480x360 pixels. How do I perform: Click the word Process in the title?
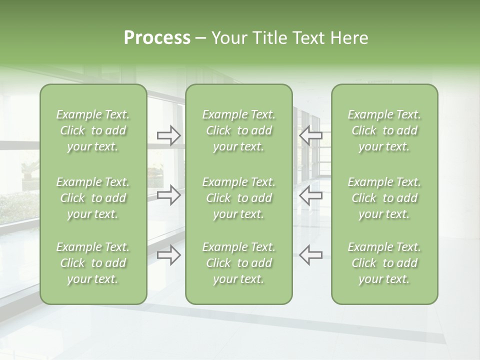(x=157, y=38)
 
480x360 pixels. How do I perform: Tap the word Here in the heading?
(x=349, y=38)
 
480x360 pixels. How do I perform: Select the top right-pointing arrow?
(x=169, y=135)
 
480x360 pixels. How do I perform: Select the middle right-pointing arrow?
(x=169, y=194)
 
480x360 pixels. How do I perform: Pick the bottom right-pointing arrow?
(x=169, y=254)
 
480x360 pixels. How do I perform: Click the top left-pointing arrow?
(x=310, y=135)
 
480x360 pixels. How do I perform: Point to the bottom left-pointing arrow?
(x=310, y=254)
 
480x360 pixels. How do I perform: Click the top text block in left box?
(x=93, y=130)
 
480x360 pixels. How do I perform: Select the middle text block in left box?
(x=93, y=198)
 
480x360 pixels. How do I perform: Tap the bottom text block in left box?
(x=93, y=263)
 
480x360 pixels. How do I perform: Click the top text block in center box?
(x=239, y=130)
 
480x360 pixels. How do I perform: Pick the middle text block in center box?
(x=239, y=198)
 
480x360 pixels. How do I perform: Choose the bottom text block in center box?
(x=239, y=263)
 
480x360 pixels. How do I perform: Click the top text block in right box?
(x=384, y=130)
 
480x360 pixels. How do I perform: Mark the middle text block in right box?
(x=384, y=198)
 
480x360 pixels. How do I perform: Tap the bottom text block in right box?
(x=384, y=263)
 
